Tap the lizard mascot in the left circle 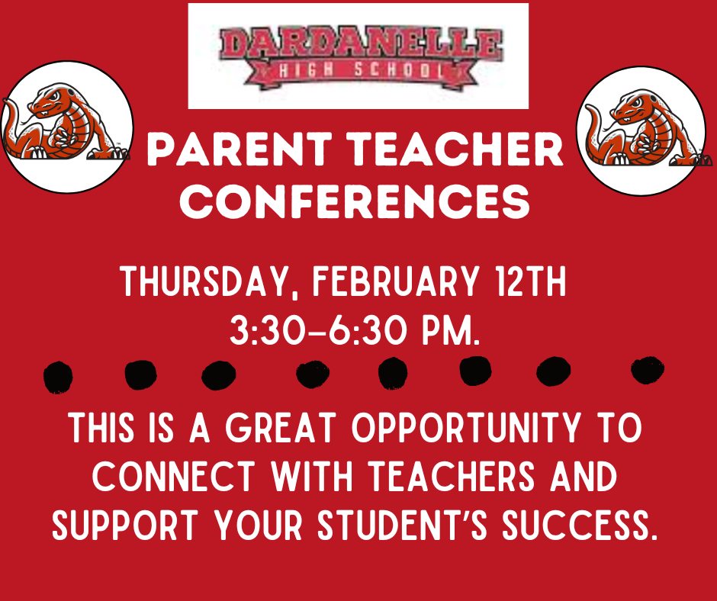[x=65, y=127]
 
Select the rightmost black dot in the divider [x=648, y=371]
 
